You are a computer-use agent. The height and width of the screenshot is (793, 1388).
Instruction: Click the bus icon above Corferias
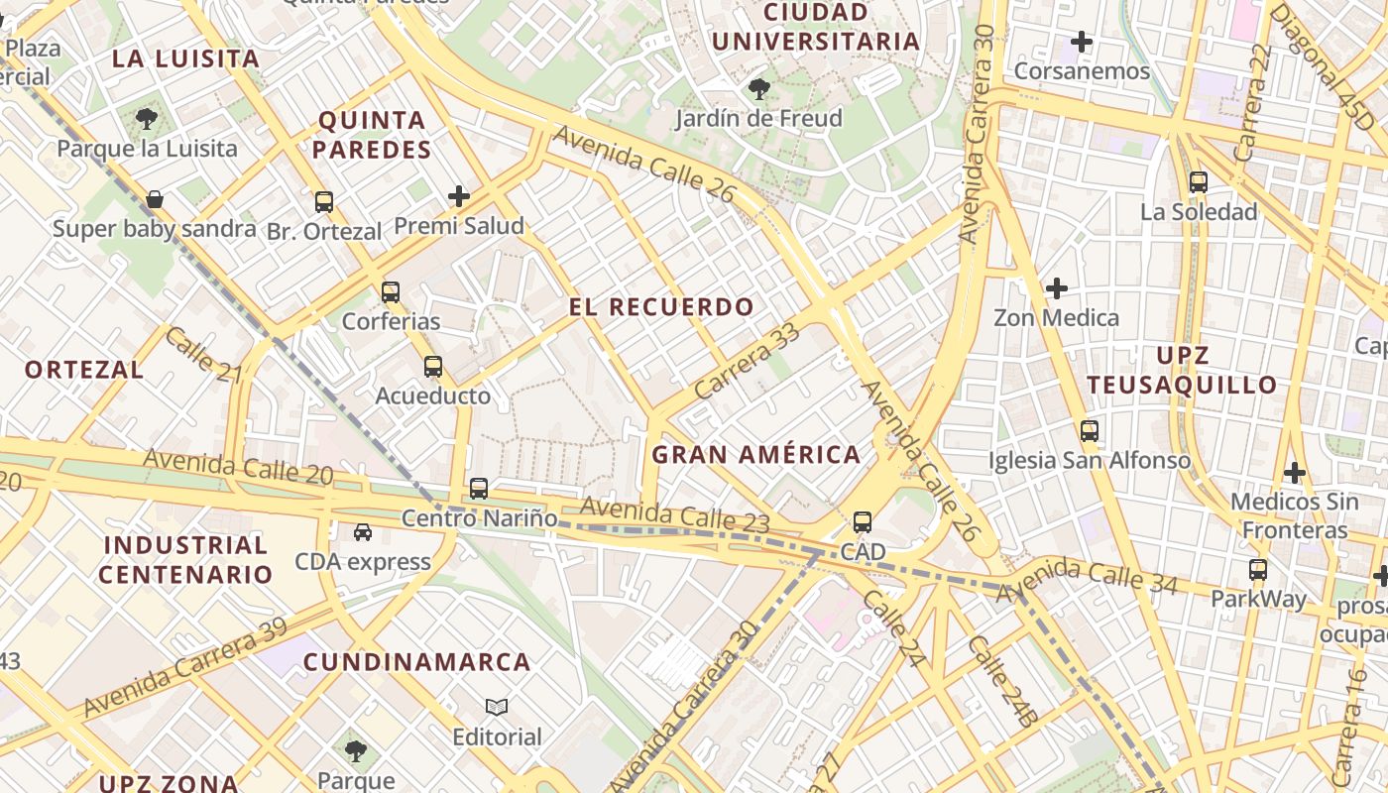coord(391,292)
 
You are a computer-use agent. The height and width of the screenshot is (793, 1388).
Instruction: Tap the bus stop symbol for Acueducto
coord(432,367)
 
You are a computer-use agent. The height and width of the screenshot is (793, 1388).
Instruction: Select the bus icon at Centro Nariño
coord(479,489)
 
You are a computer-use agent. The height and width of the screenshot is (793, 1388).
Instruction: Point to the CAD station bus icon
coord(863,522)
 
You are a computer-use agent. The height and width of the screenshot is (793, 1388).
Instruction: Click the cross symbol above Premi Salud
coord(458,196)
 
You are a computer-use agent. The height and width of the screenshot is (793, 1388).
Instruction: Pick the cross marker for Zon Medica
coord(1057,288)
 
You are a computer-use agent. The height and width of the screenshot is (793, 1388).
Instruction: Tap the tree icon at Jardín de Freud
coord(759,89)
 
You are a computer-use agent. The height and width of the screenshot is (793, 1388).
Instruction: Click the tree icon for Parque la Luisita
coord(147,120)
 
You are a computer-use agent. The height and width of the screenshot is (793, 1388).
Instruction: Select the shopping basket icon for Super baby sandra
coord(155,199)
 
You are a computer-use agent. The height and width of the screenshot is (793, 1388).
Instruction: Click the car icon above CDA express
coord(363,532)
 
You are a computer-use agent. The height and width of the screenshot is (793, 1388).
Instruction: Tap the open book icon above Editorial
coord(497,708)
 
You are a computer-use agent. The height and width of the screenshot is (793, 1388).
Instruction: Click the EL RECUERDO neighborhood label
coord(661,307)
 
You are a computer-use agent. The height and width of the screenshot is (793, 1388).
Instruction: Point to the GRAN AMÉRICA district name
coord(756,455)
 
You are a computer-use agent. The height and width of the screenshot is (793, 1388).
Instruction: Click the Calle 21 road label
coord(203,355)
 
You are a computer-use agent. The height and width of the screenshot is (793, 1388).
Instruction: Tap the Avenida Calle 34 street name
coord(1087,578)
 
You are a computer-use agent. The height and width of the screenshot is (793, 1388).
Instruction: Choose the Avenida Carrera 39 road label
coord(185,667)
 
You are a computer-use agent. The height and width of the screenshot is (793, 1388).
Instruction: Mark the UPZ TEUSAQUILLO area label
coord(1182,371)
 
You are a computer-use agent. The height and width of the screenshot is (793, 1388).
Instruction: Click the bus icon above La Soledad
coord(1199,182)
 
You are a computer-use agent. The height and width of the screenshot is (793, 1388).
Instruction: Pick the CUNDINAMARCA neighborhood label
coord(416,662)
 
